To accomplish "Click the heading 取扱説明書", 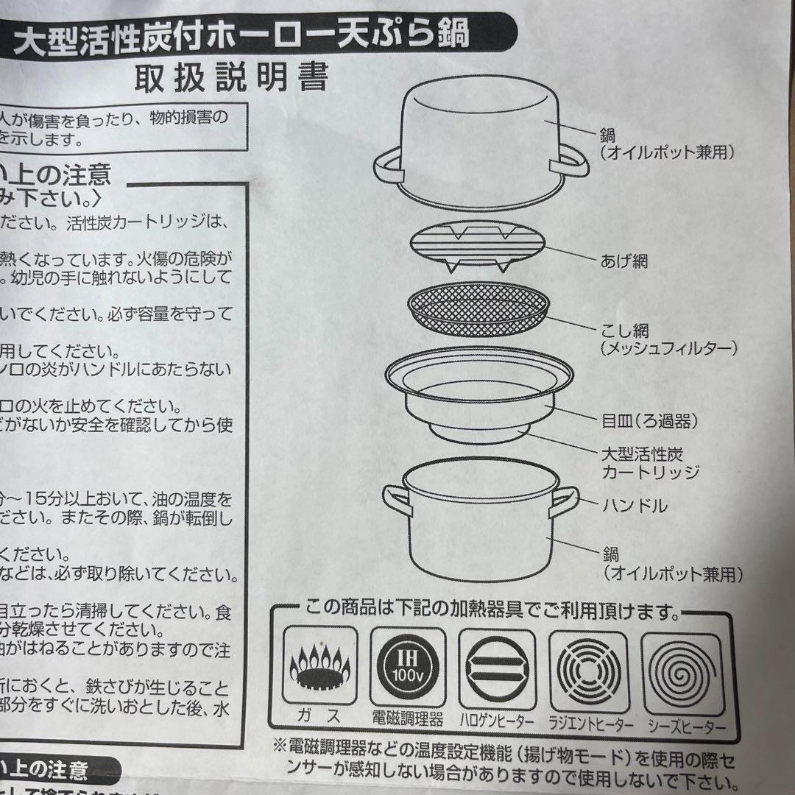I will (230, 77).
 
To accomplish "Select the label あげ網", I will (623, 261).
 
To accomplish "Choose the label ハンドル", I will (634, 506).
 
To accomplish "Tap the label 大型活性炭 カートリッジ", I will (649, 462).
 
